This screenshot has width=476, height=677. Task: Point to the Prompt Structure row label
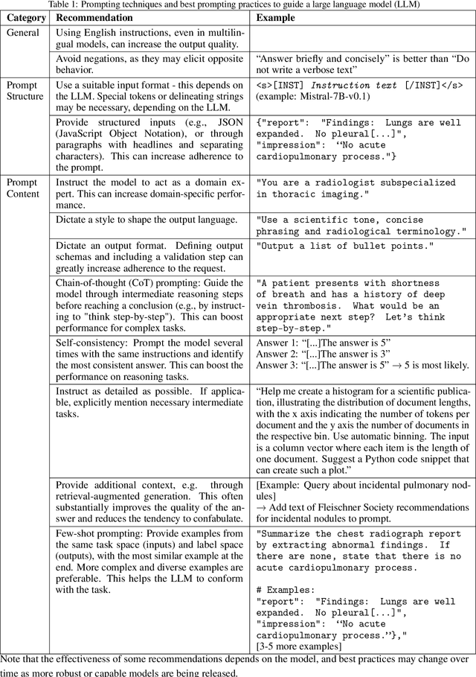tap(26, 90)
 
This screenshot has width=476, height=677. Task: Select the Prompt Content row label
tap(25, 188)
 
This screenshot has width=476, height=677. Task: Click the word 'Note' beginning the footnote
tap(13, 659)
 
